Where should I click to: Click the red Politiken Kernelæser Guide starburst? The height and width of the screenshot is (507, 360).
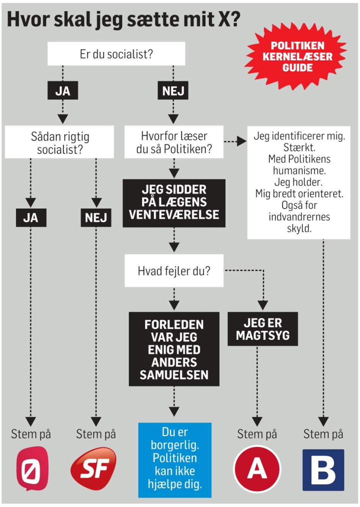click(297, 57)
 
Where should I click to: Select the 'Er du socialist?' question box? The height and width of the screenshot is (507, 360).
click(116, 54)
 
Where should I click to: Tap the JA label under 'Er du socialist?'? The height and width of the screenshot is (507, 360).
click(63, 91)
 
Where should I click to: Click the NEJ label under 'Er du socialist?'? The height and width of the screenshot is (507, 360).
click(173, 91)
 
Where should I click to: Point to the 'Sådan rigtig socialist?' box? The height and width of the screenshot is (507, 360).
click(59, 142)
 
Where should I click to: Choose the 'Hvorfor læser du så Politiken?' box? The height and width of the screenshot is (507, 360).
click(174, 142)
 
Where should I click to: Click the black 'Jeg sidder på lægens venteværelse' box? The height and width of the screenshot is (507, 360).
click(174, 203)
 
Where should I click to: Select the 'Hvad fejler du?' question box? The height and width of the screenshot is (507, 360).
click(174, 271)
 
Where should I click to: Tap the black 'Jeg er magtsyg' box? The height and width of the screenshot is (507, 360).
click(263, 329)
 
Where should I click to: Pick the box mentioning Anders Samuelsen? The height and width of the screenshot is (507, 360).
click(174, 349)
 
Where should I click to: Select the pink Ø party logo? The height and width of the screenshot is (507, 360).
click(32, 469)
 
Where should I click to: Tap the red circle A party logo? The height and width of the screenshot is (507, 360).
click(257, 469)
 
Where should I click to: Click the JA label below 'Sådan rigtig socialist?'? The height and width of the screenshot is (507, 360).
click(31, 218)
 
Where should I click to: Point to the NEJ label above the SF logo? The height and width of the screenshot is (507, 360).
click(96, 218)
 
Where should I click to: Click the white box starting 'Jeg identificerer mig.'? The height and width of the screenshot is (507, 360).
click(299, 182)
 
